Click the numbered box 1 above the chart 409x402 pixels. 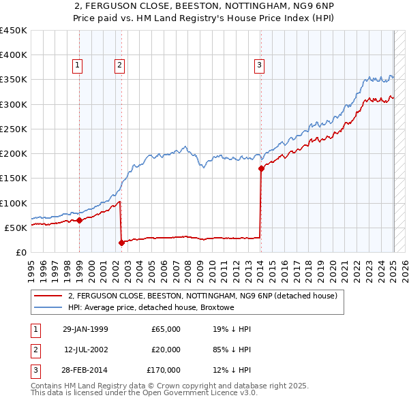(78, 65)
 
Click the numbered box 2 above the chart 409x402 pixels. (119, 65)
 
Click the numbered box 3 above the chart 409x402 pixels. (260, 65)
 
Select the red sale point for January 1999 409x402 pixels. (79, 220)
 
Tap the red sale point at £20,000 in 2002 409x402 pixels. (121, 242)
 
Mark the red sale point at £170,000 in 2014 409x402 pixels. (261, 168)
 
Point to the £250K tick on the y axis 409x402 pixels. (14, 129)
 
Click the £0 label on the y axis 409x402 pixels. (22, 252)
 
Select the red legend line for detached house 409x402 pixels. (48, 296)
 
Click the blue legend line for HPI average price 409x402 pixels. (48, 307)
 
